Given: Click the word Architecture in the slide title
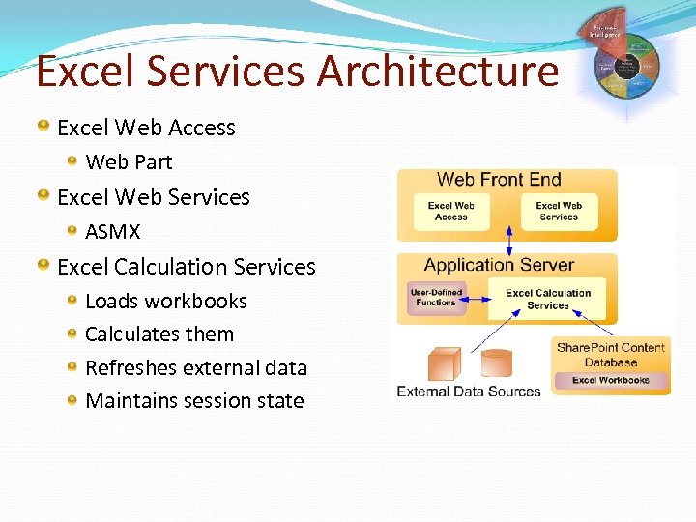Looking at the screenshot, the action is [x=438, y=71].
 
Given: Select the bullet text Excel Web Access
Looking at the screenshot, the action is [x=146, y=128].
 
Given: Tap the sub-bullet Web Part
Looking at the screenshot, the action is [x=129, y=162].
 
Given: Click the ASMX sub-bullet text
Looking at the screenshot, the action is [x=113, y=232].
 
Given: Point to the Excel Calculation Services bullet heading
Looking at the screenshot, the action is [x=187, y=267].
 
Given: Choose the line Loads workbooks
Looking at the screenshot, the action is [x=166, y=302].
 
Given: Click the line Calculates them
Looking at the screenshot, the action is [x=159, y=334].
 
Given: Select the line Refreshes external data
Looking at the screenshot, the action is [x=196, y=368].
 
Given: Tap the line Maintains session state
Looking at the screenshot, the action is [x=194, y=401].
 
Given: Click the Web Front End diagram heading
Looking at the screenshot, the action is [x=499, y=179].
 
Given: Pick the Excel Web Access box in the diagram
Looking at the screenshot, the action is [x=450, y=211].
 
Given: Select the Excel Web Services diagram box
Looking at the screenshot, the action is [x=559, y=211].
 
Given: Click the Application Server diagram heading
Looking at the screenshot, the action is [x=499, y=265].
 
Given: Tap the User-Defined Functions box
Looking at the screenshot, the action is [x=436, y=297].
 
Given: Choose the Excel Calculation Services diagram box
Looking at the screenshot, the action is [x=548, y=299].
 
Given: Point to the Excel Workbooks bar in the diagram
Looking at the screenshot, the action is [x=611, y=381].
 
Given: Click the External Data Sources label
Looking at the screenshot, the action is [x=469, y=391].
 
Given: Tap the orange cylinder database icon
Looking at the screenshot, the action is [x=496, y=362].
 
